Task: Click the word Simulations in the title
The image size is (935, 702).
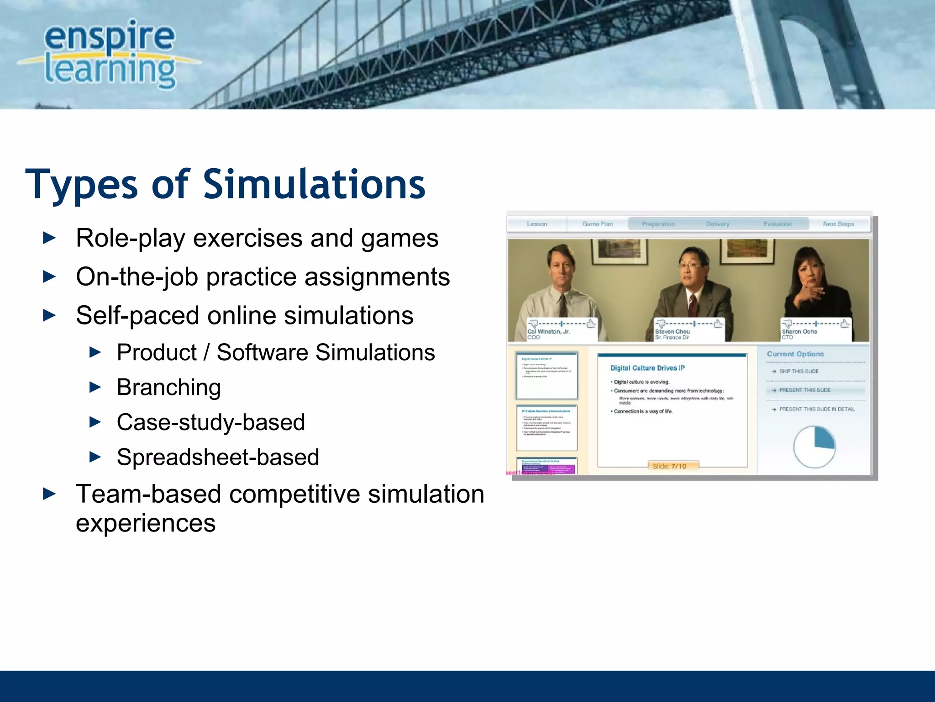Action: tap(314, 185)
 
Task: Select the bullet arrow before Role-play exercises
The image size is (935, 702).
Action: tap(49, 238)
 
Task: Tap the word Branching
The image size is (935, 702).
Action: tap(168, 388)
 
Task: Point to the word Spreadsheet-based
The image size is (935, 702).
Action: tap(218, 457)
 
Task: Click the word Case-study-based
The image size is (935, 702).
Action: tap(210, 422)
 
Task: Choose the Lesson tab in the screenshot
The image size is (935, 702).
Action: tap(537, 224)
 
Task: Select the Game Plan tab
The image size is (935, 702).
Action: tap(597, 224)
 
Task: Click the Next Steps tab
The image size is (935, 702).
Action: tap(838, 224)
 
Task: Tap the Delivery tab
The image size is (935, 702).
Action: tap(718, 224)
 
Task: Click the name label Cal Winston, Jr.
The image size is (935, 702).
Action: tap(549, 332)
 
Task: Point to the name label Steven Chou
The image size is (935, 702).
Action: tap(672, 332)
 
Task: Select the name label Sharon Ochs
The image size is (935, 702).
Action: tap(799, 332)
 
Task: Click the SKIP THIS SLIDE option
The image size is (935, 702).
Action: tap(798, 372)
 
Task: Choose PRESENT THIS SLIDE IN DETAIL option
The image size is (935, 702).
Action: tap(816, 409)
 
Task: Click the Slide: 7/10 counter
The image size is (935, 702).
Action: tap(669, 466)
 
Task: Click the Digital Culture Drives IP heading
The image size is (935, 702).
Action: tap(647, 368)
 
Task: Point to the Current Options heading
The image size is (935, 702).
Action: tap(795, 354)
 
